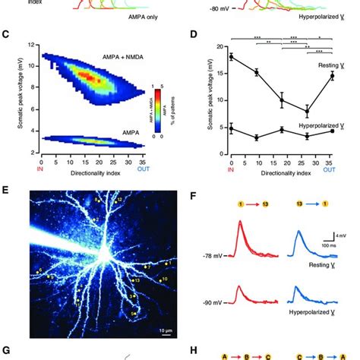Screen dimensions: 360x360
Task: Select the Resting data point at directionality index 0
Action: [x=232, y=56]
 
